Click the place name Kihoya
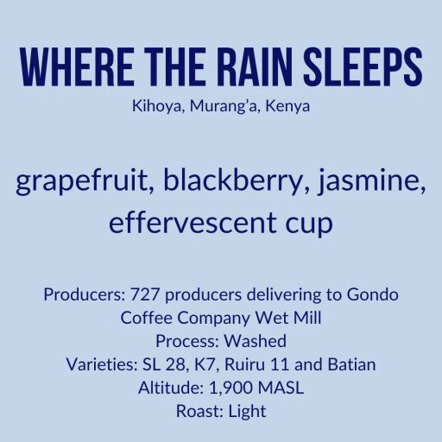(x=152, y=110)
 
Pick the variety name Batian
(x=350, y=364)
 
